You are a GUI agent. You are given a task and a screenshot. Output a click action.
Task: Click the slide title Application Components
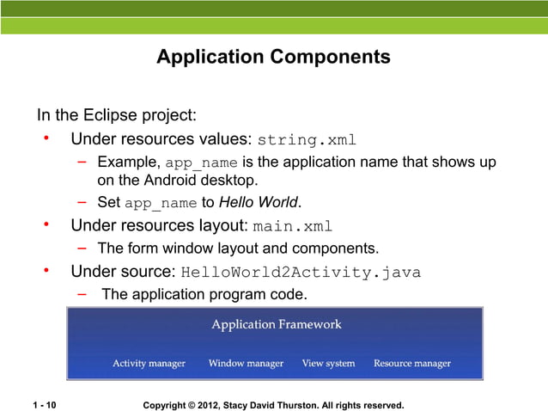coord(273,58)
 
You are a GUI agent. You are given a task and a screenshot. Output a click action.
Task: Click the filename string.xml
coord(307,140)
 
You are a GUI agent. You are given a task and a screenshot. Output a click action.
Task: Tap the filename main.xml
coord(292,227)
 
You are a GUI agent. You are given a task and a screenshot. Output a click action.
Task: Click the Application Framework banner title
coord(276,324)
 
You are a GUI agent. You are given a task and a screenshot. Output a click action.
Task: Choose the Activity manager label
coord(149,363)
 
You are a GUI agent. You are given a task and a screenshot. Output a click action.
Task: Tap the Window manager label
coord(246,363)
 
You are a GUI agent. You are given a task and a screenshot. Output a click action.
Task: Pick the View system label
coord(328,363)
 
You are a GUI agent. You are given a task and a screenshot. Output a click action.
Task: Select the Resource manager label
coord(411,363)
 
